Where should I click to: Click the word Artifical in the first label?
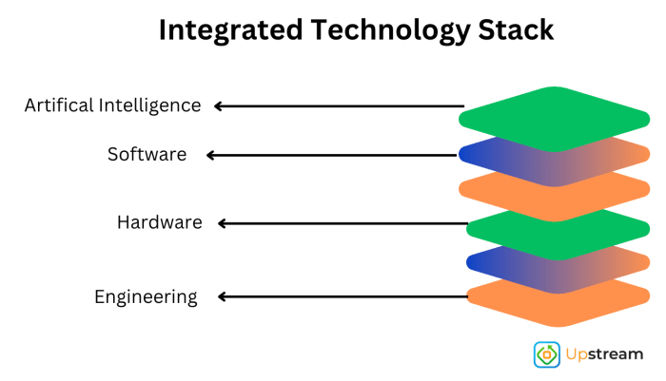[59, 105]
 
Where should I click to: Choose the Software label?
[147, 154]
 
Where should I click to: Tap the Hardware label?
[159, 223]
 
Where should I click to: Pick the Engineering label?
[146, 297]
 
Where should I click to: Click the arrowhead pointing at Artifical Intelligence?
[219, 106]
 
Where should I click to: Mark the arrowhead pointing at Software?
[212, 155]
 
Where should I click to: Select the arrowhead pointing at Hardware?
[223, 224]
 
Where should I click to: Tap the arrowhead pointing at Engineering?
[223, 297]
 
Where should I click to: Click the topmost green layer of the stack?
[555, 117]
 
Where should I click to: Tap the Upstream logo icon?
[547, 354]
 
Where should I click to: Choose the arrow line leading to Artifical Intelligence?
[343, 106]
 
